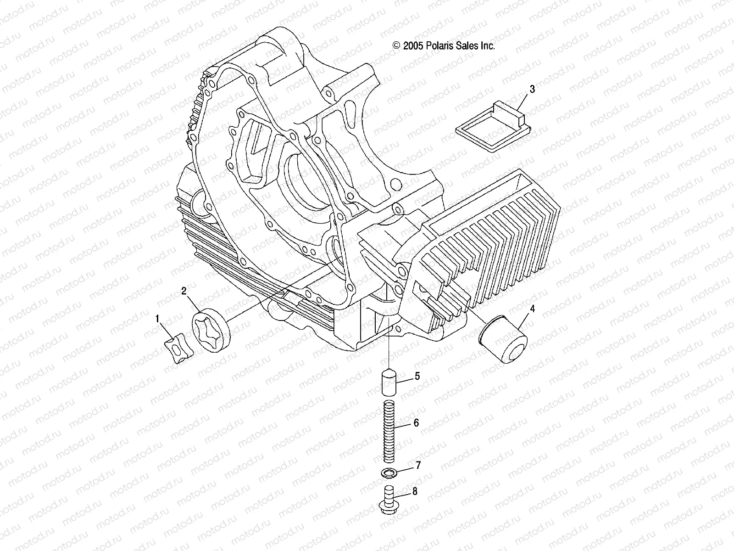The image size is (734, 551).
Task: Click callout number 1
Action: (158, 318)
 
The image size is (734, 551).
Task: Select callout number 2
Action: (184, 290)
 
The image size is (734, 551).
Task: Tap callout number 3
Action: (532, 89)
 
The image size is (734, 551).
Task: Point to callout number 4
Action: (532, 309)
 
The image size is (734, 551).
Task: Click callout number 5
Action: (417, 377)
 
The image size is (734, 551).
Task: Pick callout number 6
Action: (416, 423)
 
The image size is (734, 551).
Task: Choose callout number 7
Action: (417, 466)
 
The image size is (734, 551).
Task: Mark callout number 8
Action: (415, 492)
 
